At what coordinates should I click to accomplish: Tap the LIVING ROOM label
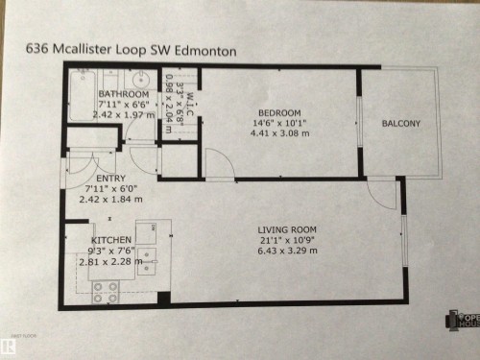[x=287, y=228]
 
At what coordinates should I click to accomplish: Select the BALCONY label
[x=400, y=123]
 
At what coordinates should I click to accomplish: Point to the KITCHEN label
[x=111, y=240]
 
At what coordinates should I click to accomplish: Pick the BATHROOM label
[x=122, y=94]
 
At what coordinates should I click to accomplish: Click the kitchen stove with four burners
[x=105, y=290]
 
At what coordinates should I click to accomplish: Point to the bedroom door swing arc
[x=220, y=165]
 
